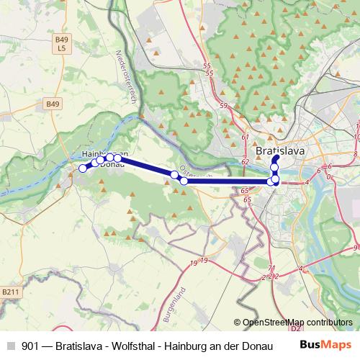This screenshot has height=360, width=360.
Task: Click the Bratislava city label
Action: tap(280, 151)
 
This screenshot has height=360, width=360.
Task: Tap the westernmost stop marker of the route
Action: tap(83, 168)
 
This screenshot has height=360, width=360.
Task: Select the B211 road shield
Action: tap(9, 292)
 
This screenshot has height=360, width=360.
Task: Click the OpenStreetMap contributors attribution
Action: tap(294, 323)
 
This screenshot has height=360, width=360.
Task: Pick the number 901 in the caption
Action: tap(31, 345)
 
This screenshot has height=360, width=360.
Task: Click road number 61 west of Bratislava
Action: tap(246, 138)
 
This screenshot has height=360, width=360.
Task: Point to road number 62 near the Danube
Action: tap(245, 162)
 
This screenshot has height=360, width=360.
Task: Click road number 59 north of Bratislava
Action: tap(223, 105)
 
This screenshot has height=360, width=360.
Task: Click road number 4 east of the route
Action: tap(307, 182)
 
